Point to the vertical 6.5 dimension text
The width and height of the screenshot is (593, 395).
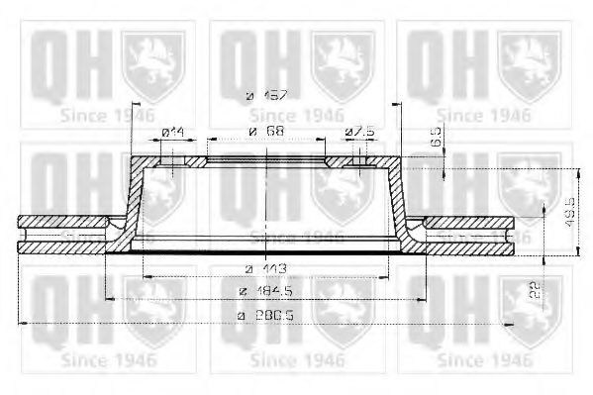pyautogui.click(x=437, y=140)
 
